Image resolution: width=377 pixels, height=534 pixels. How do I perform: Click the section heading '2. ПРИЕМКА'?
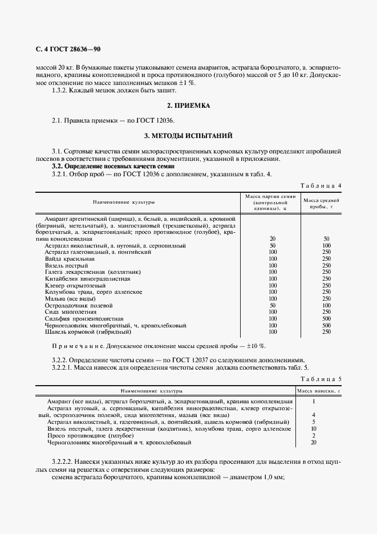point(188,106)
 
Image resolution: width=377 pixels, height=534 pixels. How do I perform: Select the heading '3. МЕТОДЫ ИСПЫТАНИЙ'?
point(188,136)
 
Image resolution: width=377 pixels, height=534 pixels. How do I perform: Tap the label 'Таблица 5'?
point(320,379)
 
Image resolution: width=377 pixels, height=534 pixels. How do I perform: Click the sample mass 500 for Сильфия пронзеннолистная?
point(326,318)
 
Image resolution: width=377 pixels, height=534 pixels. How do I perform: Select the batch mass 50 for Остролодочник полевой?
point(273,305)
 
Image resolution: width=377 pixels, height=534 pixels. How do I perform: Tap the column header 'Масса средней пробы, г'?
point(322,204)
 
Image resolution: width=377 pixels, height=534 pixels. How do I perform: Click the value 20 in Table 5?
point(314,442)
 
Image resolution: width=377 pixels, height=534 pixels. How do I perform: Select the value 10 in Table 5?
point(314,428)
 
